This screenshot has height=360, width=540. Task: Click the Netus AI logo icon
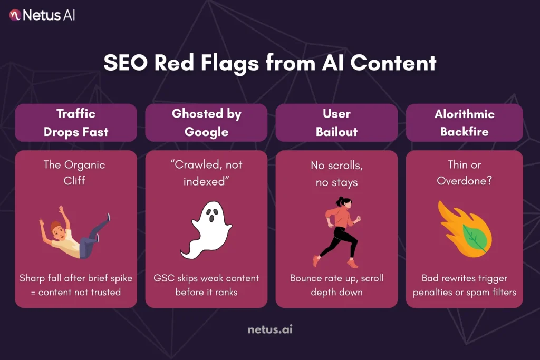coord(15,15)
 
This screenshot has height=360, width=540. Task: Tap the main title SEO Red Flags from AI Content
coord(269,63)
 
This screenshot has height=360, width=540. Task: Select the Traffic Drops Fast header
coord(76,122)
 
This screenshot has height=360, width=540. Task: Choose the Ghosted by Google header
coord(206,122)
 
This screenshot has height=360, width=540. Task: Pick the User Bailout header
coord(336,122)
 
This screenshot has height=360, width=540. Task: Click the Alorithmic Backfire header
coord(465,122)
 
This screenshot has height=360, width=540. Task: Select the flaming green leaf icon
coord(464,232)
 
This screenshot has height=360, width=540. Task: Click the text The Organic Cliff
coord(74,172)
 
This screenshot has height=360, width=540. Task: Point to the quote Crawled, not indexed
coord(206,173)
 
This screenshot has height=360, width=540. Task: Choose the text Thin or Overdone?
coord(465,172)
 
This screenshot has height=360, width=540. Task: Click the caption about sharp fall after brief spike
coord(76,285)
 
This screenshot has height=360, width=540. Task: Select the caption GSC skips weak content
coord(206,285)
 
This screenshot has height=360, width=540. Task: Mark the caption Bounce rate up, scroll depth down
coord(336,285)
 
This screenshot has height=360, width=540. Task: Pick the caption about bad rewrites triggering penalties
coord(465,285)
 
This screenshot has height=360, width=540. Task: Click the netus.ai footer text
coord(270,330)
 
